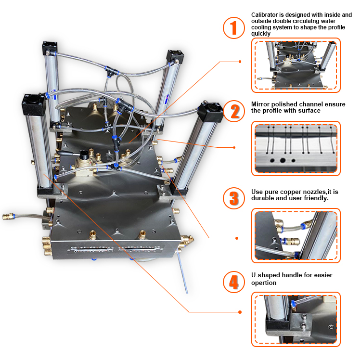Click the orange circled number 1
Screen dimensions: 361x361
pos(234,28)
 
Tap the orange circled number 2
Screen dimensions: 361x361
pos(234,111)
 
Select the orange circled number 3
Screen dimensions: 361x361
pos(234,198)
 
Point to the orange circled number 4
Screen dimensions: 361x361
pos(234,282)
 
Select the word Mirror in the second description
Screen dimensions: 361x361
pos(260,104)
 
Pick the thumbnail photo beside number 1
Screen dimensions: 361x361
pos(296,65)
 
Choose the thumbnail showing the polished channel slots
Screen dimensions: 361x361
pos(296,148)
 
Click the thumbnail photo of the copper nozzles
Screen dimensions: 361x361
pos(296,236)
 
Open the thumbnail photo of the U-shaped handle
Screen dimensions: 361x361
pos(296,319)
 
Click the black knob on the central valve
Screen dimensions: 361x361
pos(85,155)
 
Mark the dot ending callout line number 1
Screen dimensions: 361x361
pos(240,62)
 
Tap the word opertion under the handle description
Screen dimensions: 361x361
pos(264,283)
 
